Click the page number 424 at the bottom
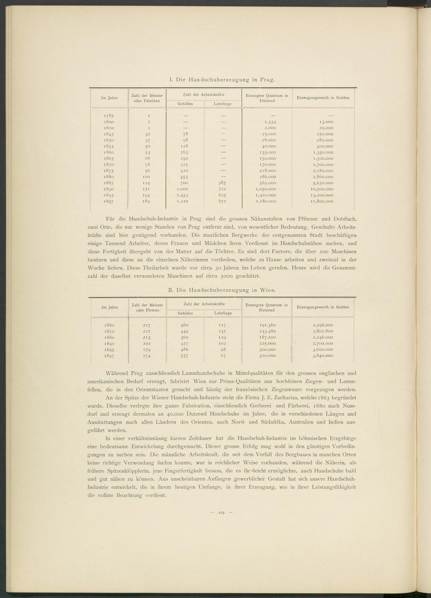click(x=222, y=512)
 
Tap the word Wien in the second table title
click(x=267, y=290)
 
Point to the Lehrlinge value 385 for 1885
click(x=223, y=183)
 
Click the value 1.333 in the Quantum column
click(x=270, y=122)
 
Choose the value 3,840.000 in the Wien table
click(x=323, y=356)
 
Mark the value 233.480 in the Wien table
click(x=267, y=331)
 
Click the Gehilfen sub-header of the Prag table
click(x=185, y=104)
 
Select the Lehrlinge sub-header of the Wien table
click(x=223, y=313)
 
